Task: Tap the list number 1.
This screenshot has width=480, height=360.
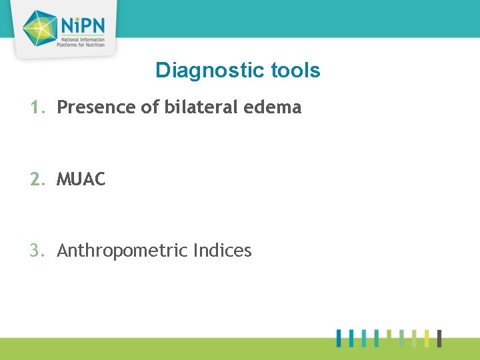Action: click(x=37, y=107)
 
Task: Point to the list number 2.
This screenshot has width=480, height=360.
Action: click(x=37, y=179)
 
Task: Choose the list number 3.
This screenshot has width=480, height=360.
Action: click(x=37, y=251)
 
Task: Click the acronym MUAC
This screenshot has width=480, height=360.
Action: click(x=81, y=179)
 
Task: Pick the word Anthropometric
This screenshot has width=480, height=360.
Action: click(x=122, y=251)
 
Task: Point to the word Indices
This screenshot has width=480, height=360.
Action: click(x=222, y=251)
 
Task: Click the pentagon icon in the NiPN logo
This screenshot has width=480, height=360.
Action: click(x=41, y=28)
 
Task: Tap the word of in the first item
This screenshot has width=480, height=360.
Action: click(x=148, y=107)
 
